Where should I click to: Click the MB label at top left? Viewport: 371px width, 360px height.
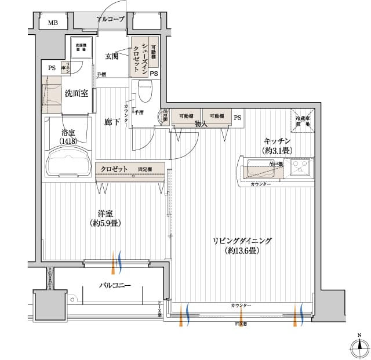click(x=53, y=23)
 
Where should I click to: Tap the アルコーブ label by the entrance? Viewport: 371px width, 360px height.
click(x=110, y=19)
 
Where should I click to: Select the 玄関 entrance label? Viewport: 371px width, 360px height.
click(x=112, y=56)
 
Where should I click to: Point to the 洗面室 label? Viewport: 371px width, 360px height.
click(x=76, y=93)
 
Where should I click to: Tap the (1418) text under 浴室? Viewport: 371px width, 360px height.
click(x=68, y=141)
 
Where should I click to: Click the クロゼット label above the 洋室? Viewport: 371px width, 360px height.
click(x=114, y=169)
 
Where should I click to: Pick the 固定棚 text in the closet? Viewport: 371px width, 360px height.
click(x=145, y=169)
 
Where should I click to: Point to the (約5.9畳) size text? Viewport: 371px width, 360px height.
click(x=106, y=223)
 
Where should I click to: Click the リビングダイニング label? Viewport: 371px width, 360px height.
click(x=242, y=241)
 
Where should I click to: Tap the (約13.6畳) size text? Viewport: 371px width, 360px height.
click(x=242, y=250)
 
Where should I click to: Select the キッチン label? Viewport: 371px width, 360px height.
click(x=277, y=141)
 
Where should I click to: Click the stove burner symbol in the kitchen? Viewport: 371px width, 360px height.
click(x=301, y=168)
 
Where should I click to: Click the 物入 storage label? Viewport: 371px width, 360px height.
click(x=201, y=124)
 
